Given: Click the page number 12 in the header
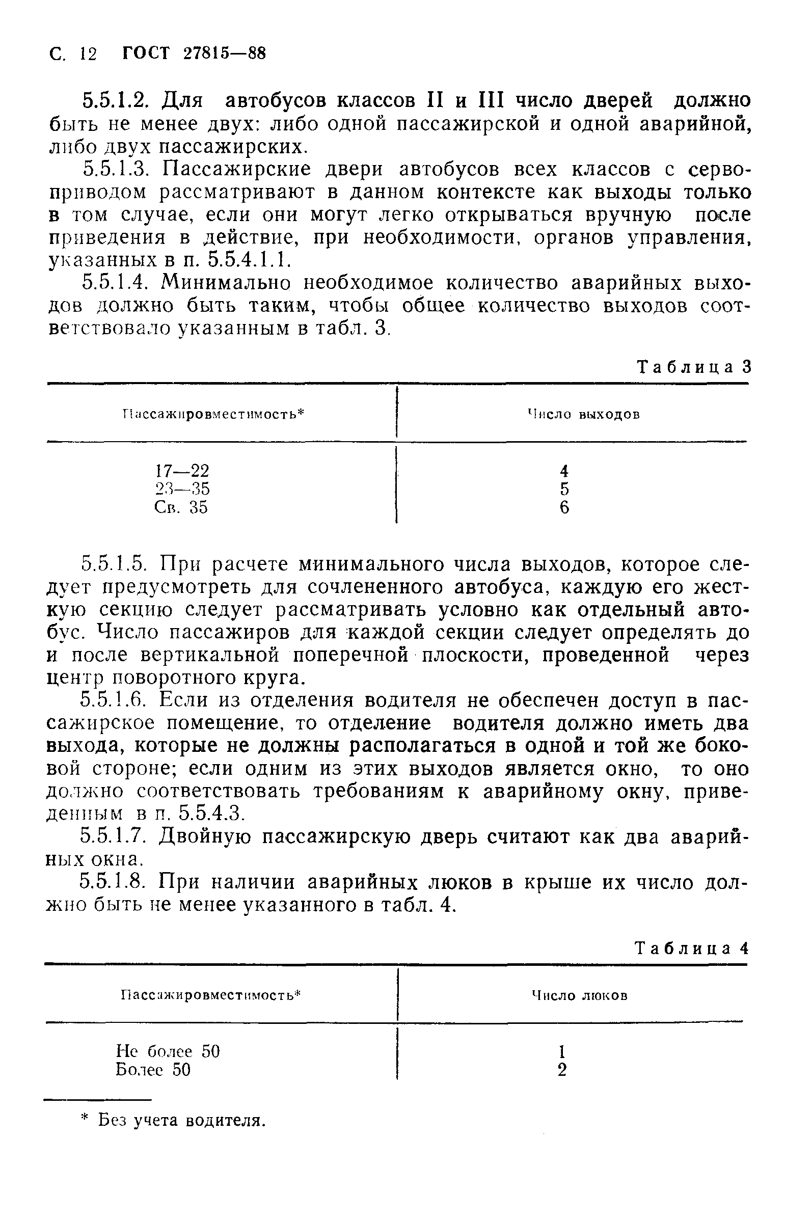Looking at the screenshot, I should [89, 53].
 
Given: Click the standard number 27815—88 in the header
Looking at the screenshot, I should [224, 53].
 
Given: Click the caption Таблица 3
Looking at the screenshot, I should [693, 367].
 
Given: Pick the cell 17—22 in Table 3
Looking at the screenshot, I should [182, 471].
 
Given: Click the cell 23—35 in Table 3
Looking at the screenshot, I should [182, 489].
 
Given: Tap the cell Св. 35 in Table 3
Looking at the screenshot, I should [181, 507].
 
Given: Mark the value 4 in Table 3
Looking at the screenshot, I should [564, 471].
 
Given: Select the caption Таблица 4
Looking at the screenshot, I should [692, 948].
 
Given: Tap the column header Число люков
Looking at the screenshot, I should [580, 995].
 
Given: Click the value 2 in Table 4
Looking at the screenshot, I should [562, 1070].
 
